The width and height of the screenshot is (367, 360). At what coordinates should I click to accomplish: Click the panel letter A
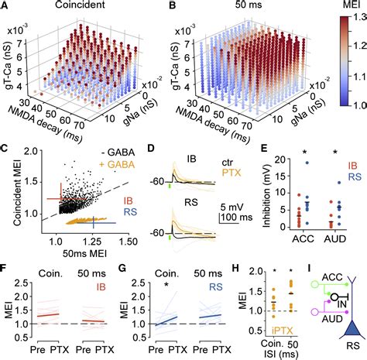click(6, 6)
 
